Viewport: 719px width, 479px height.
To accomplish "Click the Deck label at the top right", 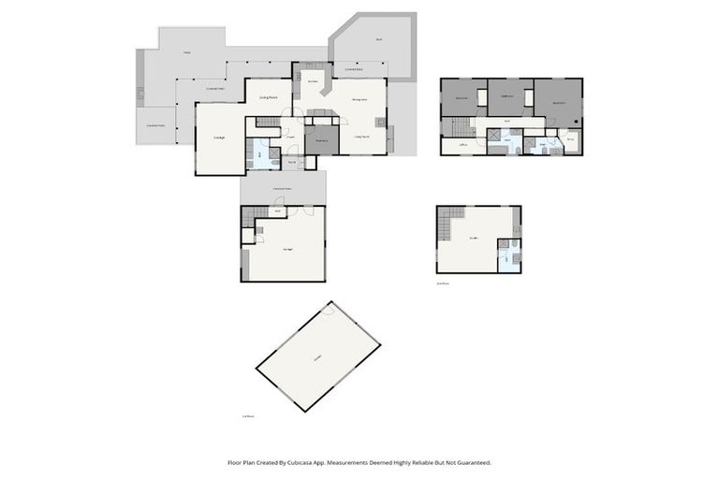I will point(379,39).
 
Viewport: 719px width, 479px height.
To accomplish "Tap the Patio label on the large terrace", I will point(188,52).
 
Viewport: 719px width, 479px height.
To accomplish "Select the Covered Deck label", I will point(355,69).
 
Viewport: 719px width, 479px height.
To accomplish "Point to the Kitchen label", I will point(313,82).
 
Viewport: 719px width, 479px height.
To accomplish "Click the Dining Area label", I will point(359,98).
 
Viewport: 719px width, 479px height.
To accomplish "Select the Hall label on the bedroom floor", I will point(506,121).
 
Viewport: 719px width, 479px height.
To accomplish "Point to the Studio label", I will point(474,238).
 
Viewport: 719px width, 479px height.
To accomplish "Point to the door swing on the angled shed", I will point(327,312).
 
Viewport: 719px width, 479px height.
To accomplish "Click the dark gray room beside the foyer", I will point(321,140).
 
